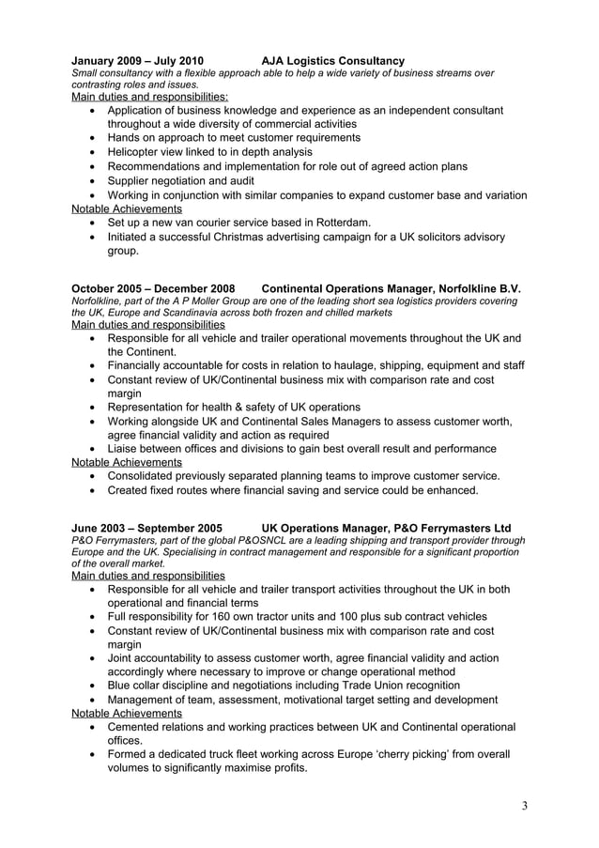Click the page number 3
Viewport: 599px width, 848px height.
point(525,805)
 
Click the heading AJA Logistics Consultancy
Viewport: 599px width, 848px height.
point(332,61)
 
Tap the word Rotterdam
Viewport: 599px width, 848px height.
point(336,223)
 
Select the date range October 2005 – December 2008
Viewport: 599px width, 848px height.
point(153,287)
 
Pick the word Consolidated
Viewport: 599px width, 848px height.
point(146,476)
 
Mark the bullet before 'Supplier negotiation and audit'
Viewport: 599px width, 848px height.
point(92,180)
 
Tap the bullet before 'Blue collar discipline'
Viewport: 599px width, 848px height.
point(92,686)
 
